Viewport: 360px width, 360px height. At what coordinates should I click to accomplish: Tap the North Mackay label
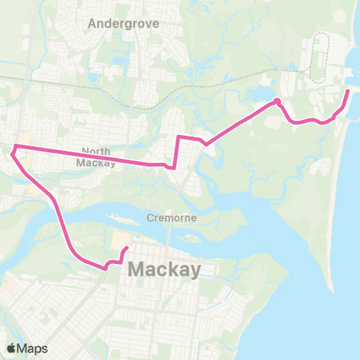(96, 157)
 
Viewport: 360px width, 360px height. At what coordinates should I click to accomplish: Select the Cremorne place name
(172, 217)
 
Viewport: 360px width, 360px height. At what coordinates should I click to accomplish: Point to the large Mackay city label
(165, 269)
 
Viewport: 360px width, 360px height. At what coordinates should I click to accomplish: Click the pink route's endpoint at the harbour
(348, 91)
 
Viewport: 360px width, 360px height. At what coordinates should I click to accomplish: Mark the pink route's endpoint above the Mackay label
(126, 248)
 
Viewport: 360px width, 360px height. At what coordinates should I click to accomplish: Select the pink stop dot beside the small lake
(277, 101)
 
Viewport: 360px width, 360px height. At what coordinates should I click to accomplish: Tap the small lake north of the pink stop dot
(264, 93)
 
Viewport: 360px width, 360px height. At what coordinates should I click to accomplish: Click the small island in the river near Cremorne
(192, 241)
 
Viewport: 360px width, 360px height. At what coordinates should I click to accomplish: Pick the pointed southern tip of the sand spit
(330, 289)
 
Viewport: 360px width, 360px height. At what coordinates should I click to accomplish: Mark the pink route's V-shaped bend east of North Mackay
(205, 143)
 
